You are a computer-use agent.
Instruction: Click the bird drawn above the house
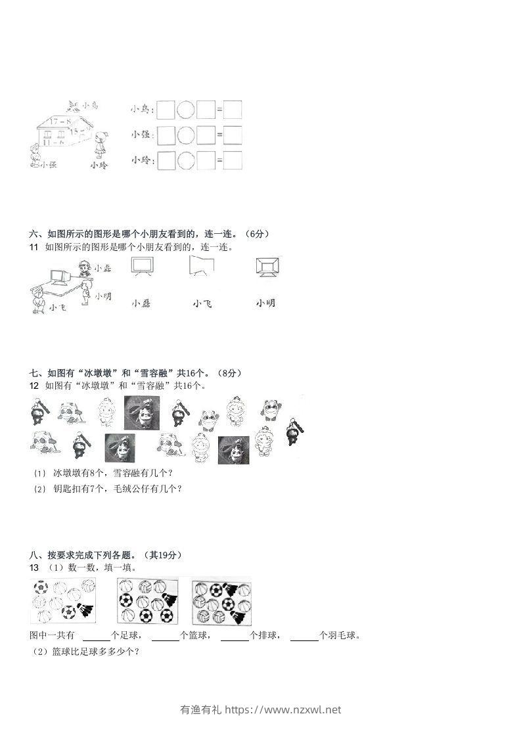tap(74, 104)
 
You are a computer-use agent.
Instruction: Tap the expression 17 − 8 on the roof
tap(59, 120)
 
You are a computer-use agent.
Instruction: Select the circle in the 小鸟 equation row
tap(187, 109)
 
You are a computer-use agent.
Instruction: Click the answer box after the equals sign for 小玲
tap(233, 160)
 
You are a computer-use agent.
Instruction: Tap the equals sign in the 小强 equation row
tap(219, 135)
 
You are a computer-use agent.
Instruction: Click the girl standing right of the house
tap(101, 145)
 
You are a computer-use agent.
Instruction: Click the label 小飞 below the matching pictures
tap(202, 303)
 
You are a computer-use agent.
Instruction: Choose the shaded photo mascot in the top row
tap(141, 412)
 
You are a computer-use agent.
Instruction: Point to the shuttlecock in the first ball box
tap(85, 610)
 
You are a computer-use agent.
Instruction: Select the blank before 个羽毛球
tap(304, 636)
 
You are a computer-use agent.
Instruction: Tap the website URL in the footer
tap(283, 709)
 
